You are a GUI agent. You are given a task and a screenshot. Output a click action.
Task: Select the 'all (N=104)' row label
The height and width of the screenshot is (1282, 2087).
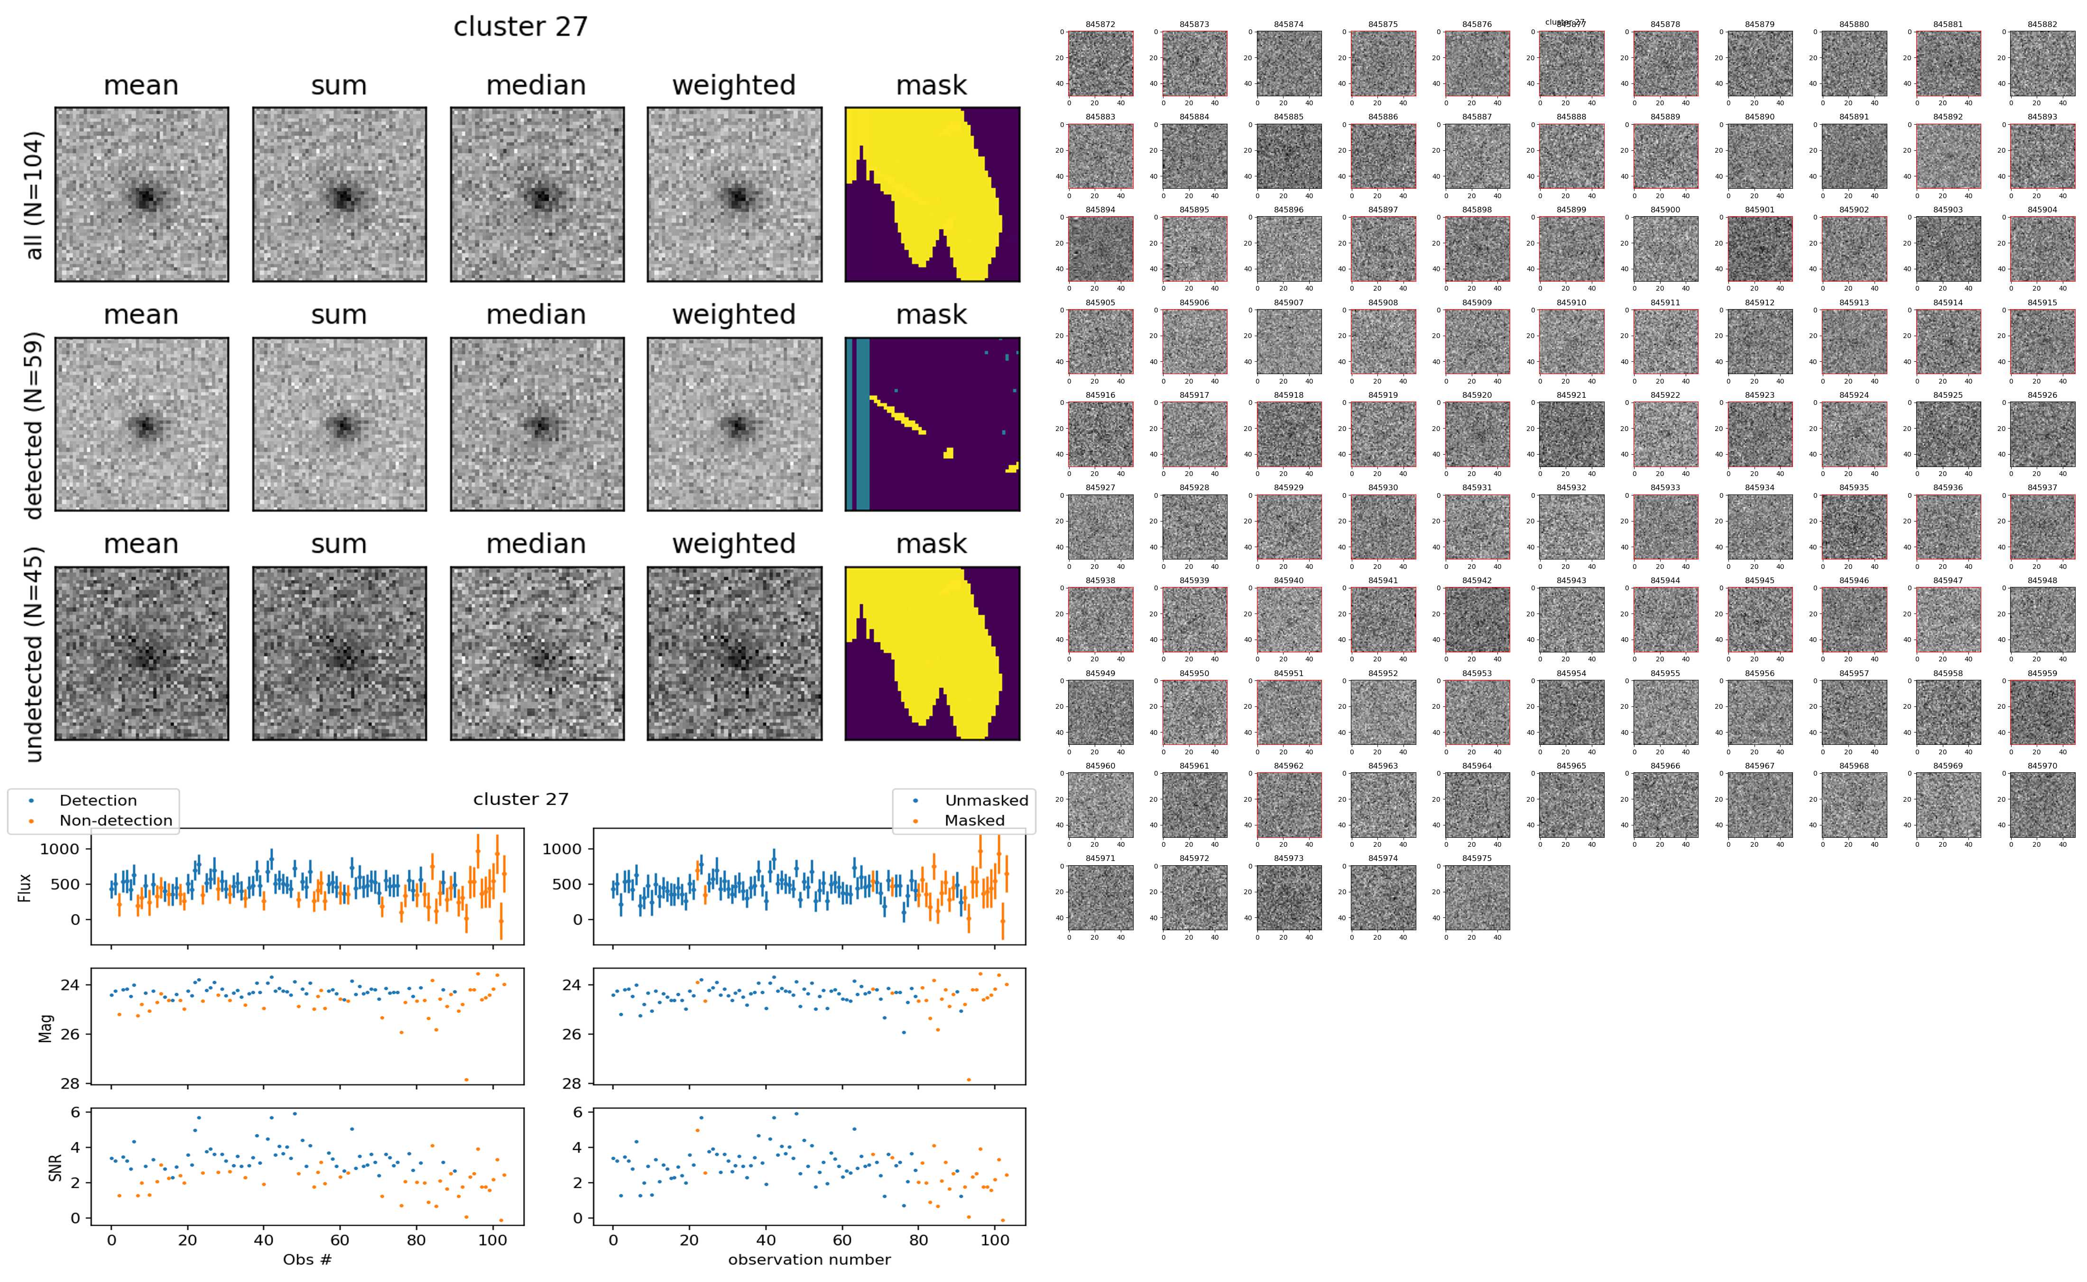[34, 195]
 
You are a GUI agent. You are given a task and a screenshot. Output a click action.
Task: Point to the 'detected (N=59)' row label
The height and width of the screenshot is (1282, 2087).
[34, 425]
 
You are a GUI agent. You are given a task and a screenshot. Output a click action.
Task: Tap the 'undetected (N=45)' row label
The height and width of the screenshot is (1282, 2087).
[34, 655]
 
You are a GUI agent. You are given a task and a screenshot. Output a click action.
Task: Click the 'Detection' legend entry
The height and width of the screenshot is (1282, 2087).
[98, 800]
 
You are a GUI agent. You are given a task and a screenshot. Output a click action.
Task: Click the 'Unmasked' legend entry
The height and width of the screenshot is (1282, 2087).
[986, 800]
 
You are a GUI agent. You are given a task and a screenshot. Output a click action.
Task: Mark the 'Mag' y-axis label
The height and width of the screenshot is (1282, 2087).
[46, 1027]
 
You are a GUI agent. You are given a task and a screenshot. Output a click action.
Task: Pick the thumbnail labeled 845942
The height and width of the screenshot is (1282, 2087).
[1477, 620]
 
